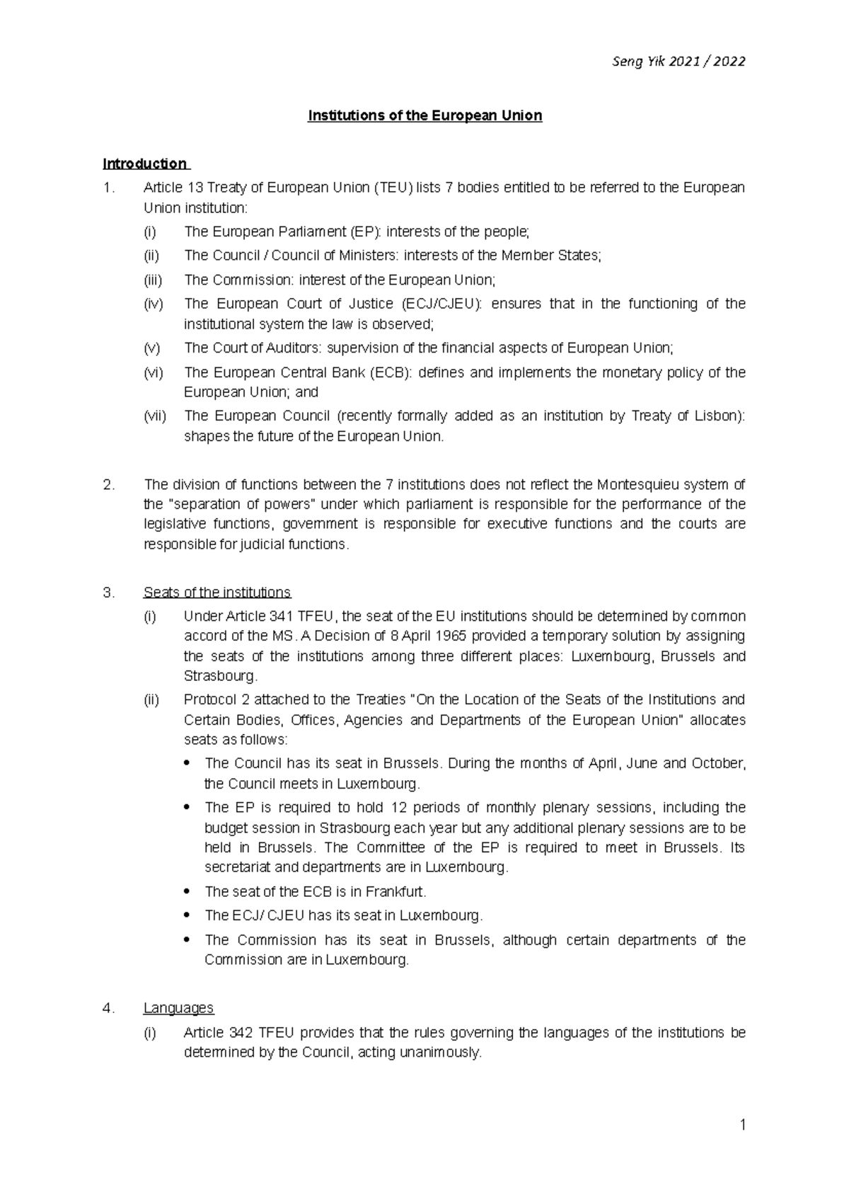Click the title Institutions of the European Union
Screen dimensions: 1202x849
[424, 115]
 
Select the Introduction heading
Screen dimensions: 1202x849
[144, 164]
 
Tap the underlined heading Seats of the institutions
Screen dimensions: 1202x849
[216, 593]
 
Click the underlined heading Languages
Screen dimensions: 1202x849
[178, 1008]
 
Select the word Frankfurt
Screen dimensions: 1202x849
[396, 891]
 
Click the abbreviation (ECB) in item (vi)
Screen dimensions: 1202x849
[389, 372]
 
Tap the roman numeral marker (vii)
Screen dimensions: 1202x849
[155, 416]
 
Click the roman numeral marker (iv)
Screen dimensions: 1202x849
[154, 304]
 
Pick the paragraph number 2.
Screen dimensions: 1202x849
[108, 485]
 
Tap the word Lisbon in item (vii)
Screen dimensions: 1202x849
[717, 416]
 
